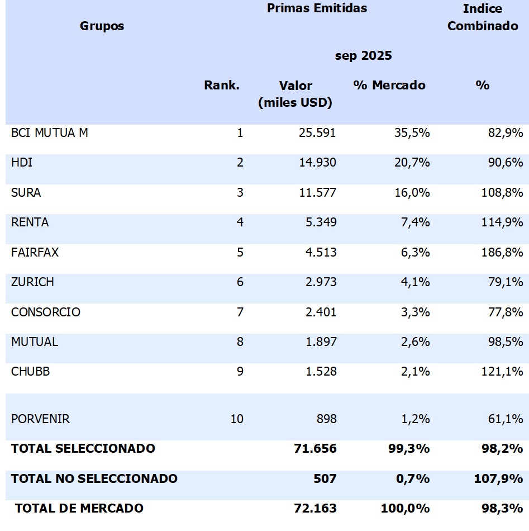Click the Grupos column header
click(x=102, y=26)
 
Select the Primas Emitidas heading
click(x=317, y=8)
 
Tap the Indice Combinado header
click(x=483, y=17)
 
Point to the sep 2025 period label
click(x=363, y=56)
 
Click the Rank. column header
click(x=221, y=86)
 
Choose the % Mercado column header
click(x=389, y=86)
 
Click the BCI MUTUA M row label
click(x=50, y=133)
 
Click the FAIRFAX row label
click(x=35, y=253)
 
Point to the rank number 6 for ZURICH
click(x=240, y=282)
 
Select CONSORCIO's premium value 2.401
click(x=320, y=312)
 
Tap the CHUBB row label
click(x=30, y=372)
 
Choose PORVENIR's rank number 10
click(x=237, y=419)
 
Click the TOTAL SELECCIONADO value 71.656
click(x=315, y=448)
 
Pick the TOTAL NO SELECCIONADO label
click(x=94, y=478)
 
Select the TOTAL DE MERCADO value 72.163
click(x=315, y=508)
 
